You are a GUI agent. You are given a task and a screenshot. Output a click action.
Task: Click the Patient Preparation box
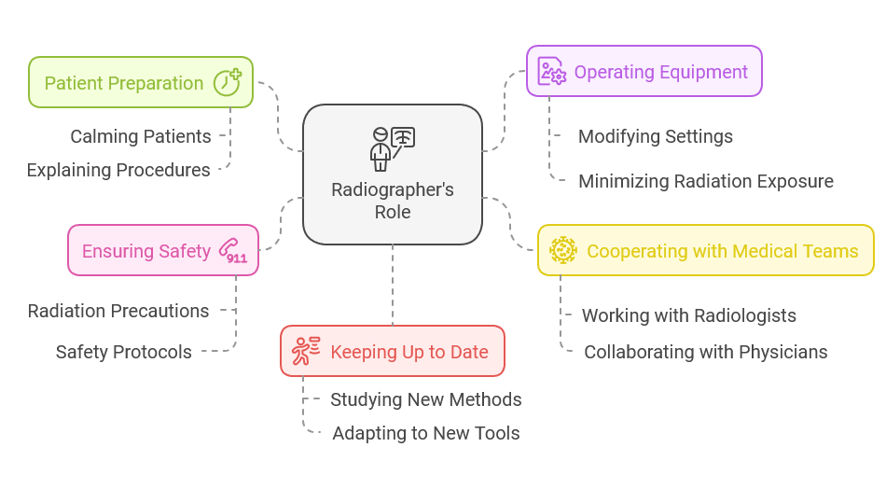coord(140,82)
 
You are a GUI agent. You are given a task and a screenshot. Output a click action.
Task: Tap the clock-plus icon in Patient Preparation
coord(228,82)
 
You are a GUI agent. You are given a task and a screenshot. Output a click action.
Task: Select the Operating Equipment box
coord(644,72)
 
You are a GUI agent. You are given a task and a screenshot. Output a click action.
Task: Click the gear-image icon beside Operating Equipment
coord(552,72)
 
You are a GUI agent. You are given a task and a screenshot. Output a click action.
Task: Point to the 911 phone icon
coord(232,250)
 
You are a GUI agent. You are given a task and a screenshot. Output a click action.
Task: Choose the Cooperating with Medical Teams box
coord(705,250)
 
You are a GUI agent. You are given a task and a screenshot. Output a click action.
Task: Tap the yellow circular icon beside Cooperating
coord(563,250)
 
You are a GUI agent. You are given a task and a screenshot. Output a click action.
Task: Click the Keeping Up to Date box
coord(392,352)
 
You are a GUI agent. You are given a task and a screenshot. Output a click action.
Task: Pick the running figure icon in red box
coord(306,352)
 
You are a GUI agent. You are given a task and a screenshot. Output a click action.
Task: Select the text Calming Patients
coord(141,136)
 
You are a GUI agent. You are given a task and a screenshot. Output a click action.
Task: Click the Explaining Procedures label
coord(118,170)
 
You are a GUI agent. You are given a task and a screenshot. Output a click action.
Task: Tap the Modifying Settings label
coord(656,136)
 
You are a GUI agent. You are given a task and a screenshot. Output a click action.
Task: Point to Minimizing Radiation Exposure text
coord(706,181)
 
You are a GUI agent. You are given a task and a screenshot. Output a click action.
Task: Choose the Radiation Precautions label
coord(118,311)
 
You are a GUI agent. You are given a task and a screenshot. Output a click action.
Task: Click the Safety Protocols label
coord(124,352)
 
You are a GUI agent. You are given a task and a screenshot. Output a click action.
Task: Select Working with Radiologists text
coord(689,315)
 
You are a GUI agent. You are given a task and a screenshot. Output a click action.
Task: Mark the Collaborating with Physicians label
coord(706,352)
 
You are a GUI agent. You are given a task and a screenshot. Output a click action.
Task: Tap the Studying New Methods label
coord(426,399)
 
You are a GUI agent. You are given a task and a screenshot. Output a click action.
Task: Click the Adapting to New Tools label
coord(426,433)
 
